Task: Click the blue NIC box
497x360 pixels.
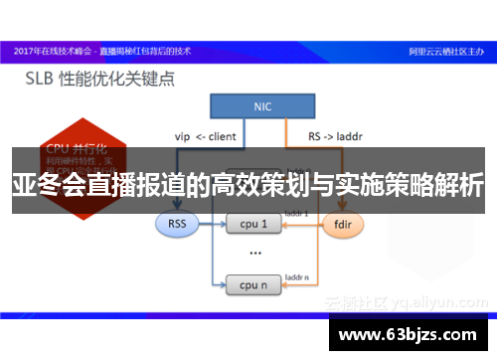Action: tap(263, 106)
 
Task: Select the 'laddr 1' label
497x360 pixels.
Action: tap(298, 213)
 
